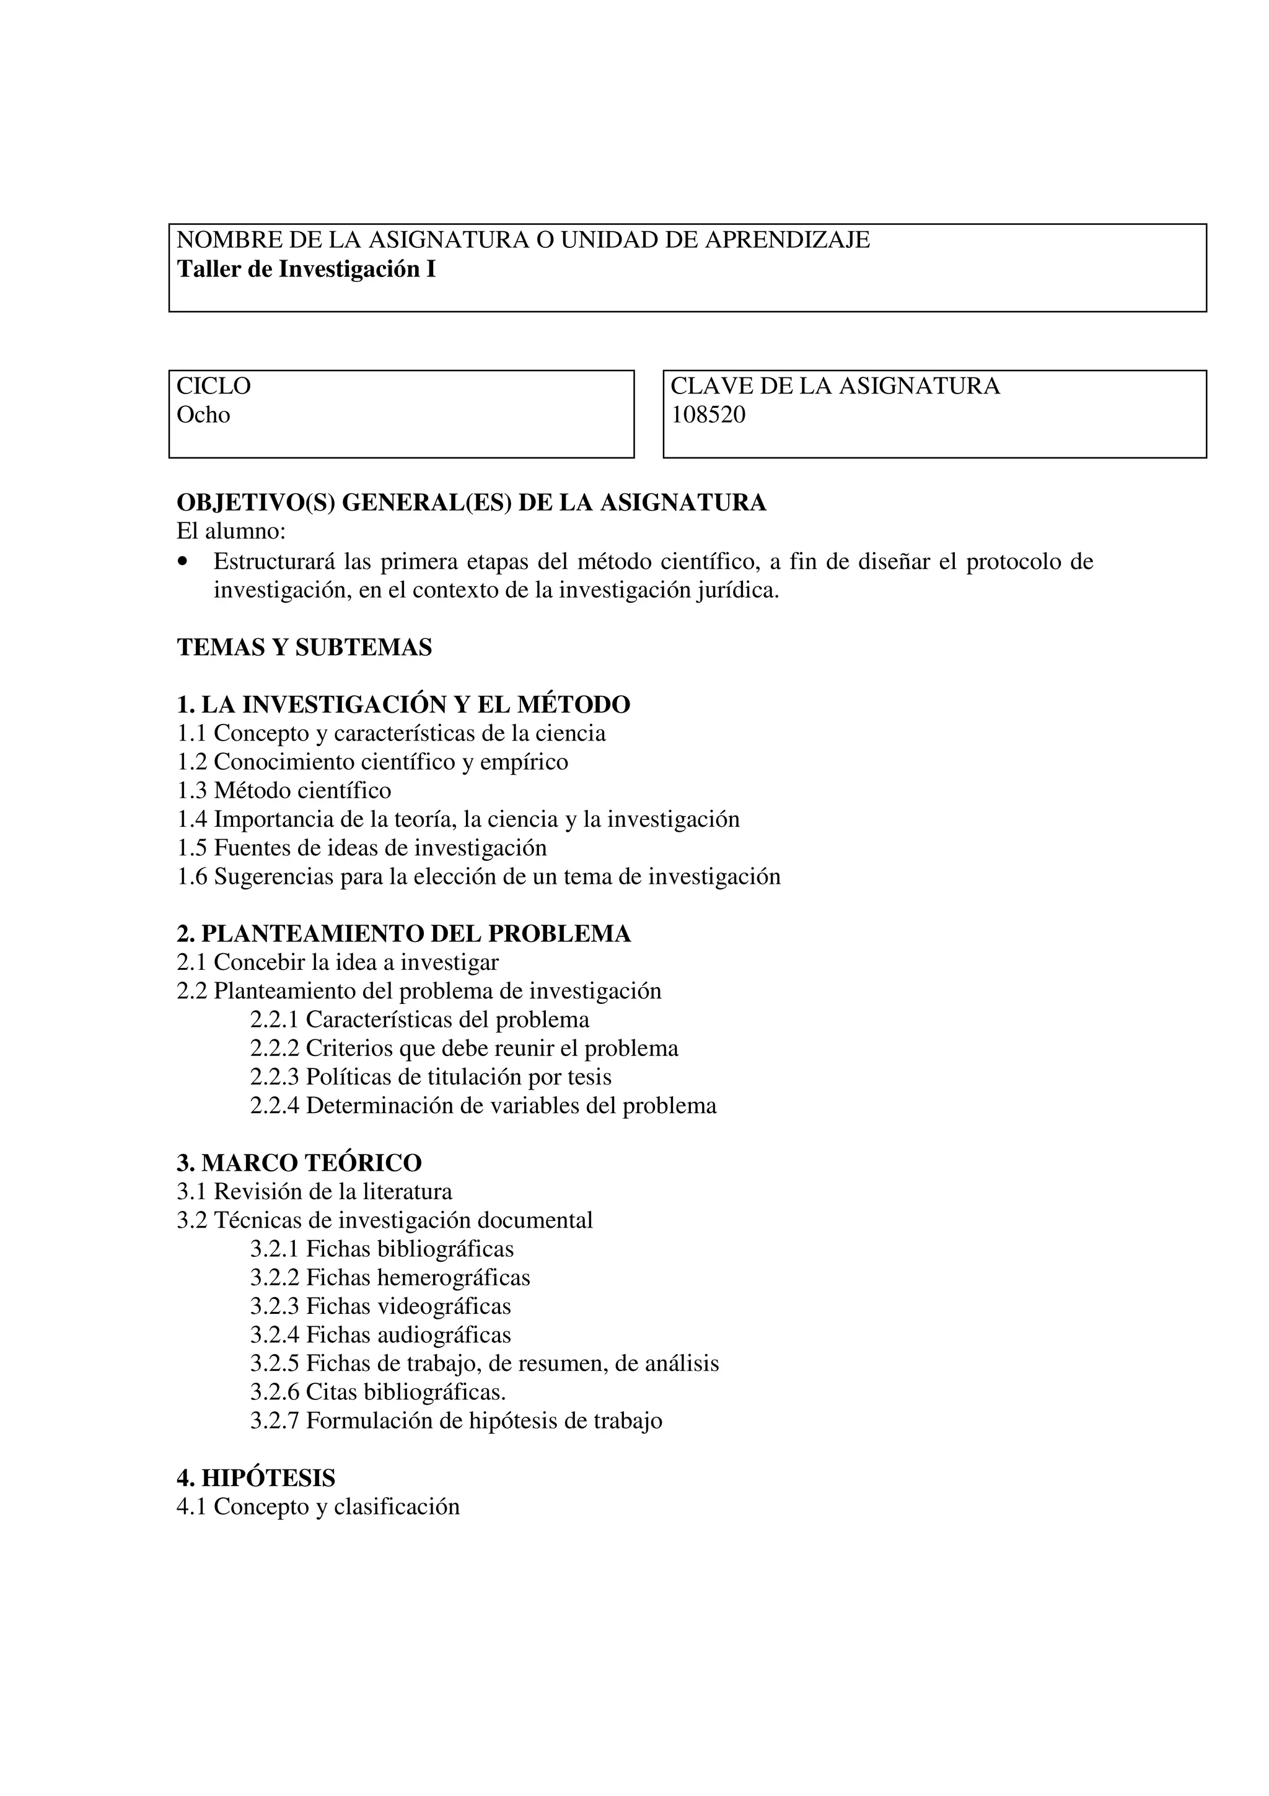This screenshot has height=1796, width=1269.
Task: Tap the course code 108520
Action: coord(708,415)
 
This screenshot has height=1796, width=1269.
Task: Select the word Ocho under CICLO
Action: coord(203,415)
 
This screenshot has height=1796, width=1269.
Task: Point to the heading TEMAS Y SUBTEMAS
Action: coord(304,647)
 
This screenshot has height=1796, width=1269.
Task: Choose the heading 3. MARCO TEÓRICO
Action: coord(299,1163)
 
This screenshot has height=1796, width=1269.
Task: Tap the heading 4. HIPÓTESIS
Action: coord(256,1477)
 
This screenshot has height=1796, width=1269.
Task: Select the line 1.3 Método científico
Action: coord(284,790)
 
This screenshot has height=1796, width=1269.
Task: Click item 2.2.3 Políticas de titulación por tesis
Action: coord(431,1076)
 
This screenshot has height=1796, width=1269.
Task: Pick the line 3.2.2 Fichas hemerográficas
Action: coord(390,1277)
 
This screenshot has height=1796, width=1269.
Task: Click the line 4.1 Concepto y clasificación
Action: coord(318,1507)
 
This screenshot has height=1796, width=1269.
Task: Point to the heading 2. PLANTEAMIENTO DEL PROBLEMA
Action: coord(403,933)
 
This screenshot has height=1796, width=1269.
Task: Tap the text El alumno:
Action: coord(232,531)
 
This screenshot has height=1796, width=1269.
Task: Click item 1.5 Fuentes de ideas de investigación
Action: coord(362,847)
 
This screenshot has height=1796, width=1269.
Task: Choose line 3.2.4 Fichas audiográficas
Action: coord(381,1334)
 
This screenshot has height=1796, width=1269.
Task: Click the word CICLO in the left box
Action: coord(213,385)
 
